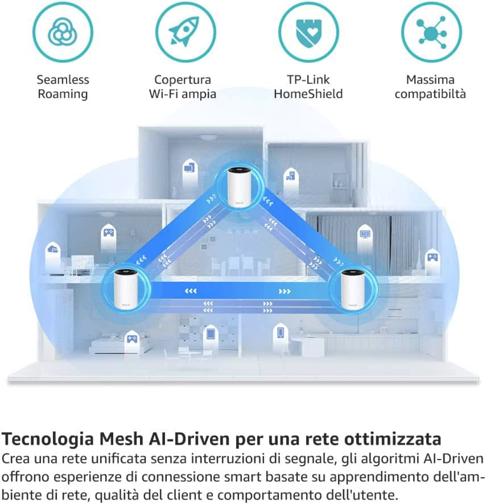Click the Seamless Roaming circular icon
(x=63, y=32)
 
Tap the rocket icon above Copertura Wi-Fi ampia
(x=186, y=32)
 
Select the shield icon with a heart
(x=308, y=32)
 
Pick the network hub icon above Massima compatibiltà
(x=431, y=32)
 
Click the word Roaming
(x=63, y=94)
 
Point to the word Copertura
(x=182, y=80)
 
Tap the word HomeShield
(x=308, y=94)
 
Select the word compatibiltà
(x=430, y=94)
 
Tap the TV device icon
(x=365, y=234)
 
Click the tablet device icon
(x=211, y=334)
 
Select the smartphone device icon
(x=281, y=332)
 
